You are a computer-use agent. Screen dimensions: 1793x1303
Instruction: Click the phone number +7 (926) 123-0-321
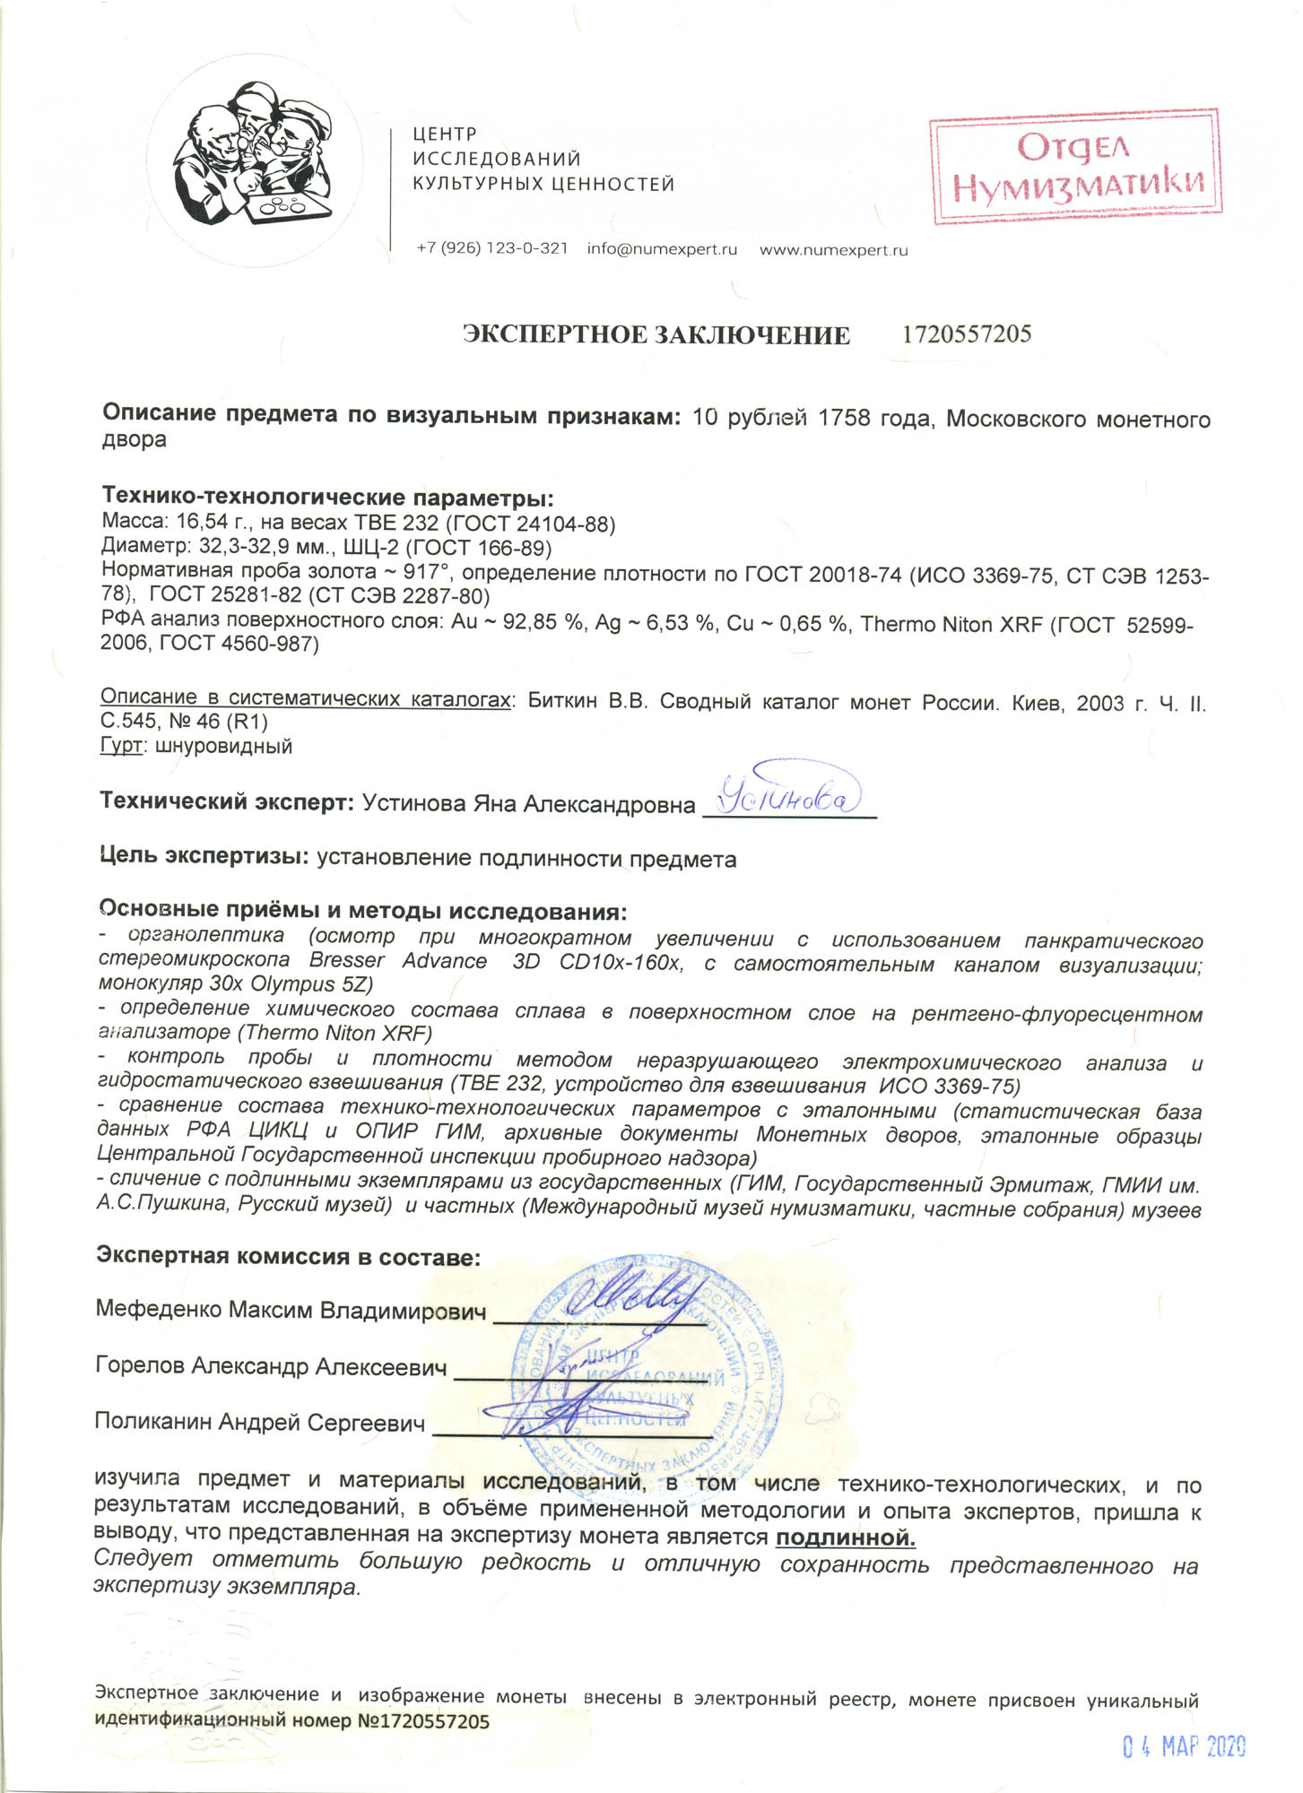pos(491,248)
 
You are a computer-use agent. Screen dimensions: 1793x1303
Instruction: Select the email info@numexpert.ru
pos(662,249)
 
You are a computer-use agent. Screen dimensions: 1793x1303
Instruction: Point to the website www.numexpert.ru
pos(833,250)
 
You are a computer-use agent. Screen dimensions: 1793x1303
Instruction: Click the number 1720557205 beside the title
pos(967,334)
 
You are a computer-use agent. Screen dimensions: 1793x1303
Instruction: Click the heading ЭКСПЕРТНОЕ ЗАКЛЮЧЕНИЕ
pos(656,335)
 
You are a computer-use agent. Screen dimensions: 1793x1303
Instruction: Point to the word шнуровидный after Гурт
pos(223,746)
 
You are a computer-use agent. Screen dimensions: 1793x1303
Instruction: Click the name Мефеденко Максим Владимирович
pos(291,1310)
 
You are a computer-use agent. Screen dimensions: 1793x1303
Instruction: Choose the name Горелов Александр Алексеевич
pos(271,1366)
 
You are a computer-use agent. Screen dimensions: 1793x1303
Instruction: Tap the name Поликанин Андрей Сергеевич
pos(260,1423)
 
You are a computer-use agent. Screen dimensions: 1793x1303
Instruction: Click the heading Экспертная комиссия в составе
pos(288,1256)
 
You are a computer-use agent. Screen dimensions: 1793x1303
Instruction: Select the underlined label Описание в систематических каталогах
pos(305,697)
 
